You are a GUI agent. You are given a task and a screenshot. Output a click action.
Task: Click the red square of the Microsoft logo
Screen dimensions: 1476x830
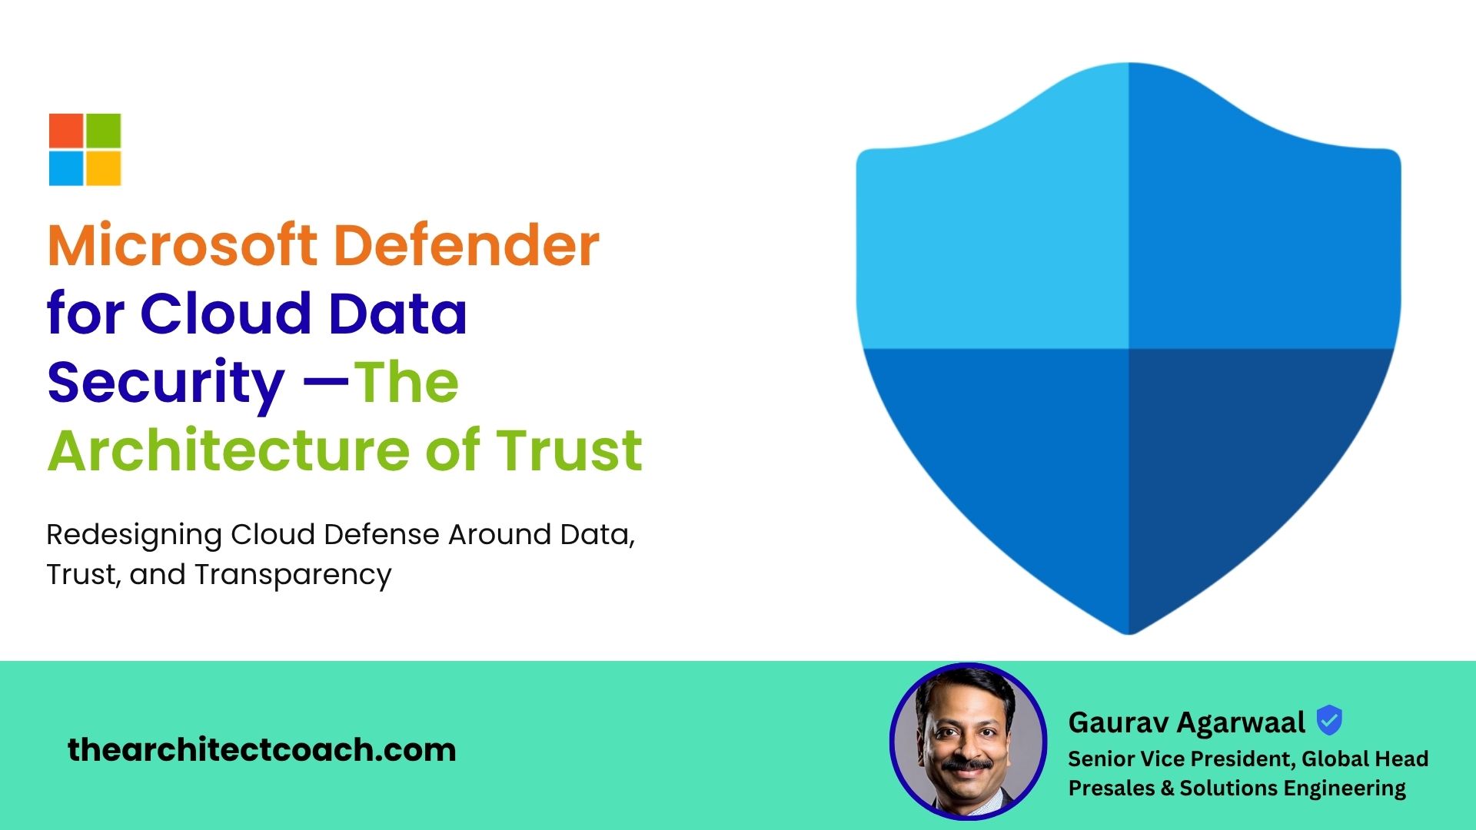(x=66, y=131)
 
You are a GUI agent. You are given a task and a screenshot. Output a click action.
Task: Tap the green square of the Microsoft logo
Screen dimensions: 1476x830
(x=104, y=131)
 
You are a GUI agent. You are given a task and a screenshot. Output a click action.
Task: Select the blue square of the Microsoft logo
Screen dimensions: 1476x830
(x=66, y=168)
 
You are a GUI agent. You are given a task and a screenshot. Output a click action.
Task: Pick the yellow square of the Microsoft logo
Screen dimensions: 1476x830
(x=104, y=168)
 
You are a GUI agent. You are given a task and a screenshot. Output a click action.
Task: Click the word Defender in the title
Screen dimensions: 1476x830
(x=467, y=245)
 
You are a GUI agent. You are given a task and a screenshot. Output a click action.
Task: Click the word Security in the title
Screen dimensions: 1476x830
(x=166, y=383)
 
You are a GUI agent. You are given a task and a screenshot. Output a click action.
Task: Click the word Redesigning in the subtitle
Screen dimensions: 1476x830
(x=135, y=536)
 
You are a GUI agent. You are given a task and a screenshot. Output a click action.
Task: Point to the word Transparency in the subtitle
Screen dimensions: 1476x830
(x=293, y=576)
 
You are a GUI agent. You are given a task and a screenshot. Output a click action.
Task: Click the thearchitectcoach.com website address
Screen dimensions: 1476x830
(x=262, y=749)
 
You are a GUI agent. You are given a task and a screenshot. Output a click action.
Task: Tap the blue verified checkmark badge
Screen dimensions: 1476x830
(x=1329, y=721)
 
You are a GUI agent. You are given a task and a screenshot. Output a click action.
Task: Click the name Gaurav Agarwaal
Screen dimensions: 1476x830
(x=1186, y=722)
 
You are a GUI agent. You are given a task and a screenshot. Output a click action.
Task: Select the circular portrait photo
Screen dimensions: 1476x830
(x=968, y=741)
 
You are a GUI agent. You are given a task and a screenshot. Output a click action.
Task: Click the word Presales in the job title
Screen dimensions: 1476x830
(x=1112, y=788)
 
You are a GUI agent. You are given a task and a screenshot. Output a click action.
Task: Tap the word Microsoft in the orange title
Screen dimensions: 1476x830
(x=182, y=245)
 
